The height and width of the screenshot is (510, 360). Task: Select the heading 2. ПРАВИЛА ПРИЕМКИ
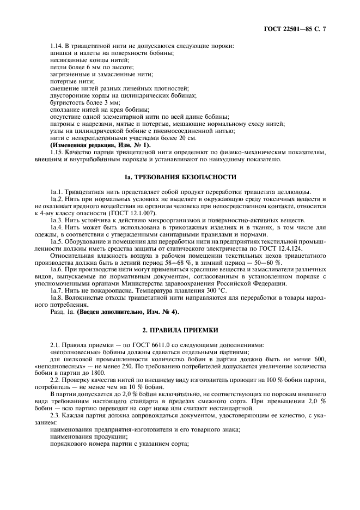[x=180, y=330]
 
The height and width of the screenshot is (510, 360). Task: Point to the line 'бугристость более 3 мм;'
[x=84, y=102]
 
